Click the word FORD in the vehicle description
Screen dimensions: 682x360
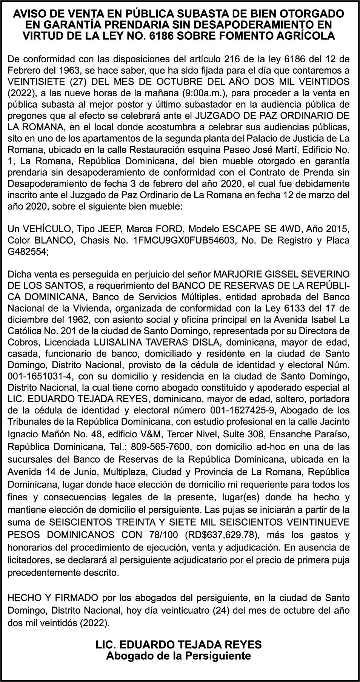pos(169,229)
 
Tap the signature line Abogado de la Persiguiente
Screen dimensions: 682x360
pos(178,656)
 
